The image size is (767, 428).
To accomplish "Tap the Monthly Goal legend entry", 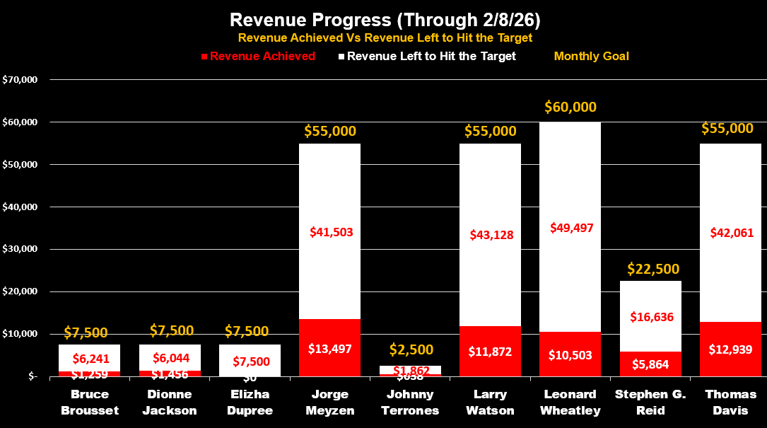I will pyautogui.click(x=591, y=56).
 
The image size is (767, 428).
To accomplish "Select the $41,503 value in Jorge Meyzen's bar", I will pyautogui.click(x=331, y=231).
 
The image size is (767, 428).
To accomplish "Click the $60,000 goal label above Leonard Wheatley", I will pyautogui.click(x=570, y=107).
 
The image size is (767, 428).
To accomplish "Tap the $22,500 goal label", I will pyautogui.click(x=653, y=269).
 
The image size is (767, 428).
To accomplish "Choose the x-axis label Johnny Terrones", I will pyautogui.click(x=409, y=403).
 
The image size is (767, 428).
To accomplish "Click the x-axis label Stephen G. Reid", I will pyautogui.click(x=650, y=403).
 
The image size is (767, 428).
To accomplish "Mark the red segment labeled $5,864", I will pyautogui.click(x=650, y=364).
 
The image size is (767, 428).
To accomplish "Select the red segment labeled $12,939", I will pyautogui.click(x=730, y=349).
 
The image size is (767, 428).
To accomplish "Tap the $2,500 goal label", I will pyautogui.click(x=411, y=349).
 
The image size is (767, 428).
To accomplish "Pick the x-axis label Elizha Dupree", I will pyautogui.click(x=250, y=403).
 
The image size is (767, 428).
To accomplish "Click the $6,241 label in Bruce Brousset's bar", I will pyautogui.click(x=89, y=359).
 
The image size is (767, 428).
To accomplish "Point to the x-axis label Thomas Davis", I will pyautogui.click(x=730, y=403).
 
